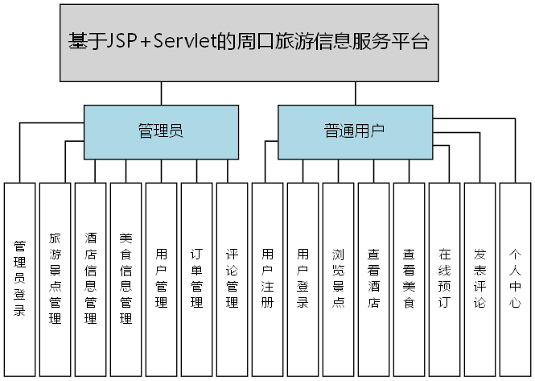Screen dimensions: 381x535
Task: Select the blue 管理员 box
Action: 161,131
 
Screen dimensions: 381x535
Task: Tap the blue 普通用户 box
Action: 354,131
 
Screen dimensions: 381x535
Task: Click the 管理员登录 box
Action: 20,278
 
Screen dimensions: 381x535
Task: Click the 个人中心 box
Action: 515,278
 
